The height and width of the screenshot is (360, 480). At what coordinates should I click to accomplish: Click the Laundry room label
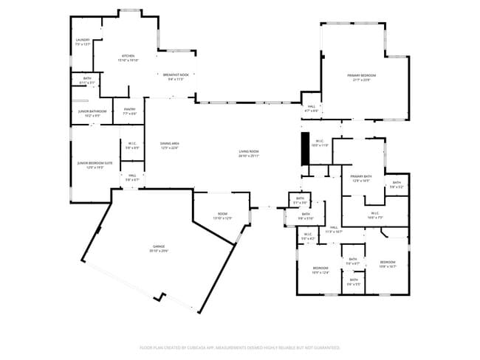coord(82,40)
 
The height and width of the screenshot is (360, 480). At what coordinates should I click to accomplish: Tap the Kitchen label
coord(128,56)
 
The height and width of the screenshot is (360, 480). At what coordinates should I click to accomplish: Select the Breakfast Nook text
coord(176,75)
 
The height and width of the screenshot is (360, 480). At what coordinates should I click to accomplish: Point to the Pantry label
coord(129,110)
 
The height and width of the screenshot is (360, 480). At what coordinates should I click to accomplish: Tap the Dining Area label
coord(170,143)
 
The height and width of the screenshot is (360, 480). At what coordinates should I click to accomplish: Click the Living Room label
coord(248,151)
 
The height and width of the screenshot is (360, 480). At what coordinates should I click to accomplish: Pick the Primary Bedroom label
coord(362,75)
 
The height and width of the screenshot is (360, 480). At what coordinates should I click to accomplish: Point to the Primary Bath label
coord(361,176)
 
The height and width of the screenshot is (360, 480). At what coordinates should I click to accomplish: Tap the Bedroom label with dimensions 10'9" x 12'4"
coord(320,267)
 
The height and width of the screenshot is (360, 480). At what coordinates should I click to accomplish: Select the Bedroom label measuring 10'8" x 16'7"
coord(388,263)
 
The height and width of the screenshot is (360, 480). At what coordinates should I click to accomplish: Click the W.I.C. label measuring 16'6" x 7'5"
coord(374,213)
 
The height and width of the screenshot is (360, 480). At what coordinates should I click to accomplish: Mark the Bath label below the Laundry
coord(87,78)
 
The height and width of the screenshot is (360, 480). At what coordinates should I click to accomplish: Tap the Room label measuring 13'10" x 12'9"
coord(222,214)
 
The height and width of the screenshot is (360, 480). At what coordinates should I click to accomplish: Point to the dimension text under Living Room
coord(248,156)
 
